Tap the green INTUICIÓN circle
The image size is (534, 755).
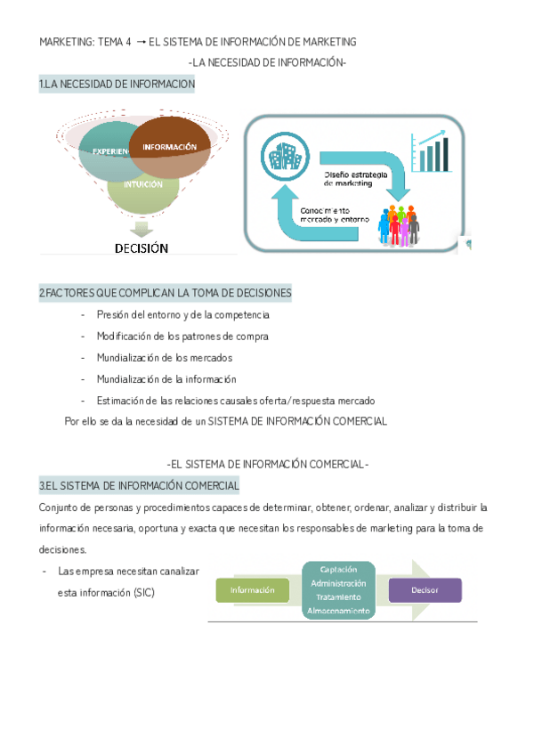tap(143, 186)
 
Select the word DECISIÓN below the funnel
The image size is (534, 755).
tap(142, 248)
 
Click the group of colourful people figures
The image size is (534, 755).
tap(397, 225)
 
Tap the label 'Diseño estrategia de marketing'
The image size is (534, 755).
tap(355, 179)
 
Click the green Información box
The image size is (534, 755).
tap(252, 589)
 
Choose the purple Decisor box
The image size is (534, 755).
tap(425, 589)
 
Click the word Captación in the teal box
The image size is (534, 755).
tap(338, 569)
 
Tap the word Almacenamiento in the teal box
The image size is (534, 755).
tap(338, 611)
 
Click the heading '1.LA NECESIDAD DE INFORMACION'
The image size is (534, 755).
tap(117, 84)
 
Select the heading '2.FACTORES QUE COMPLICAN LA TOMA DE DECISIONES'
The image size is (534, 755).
tap(165, 293)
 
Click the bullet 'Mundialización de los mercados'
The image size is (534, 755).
tap(164, 357)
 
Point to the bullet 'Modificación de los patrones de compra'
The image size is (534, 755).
tap(182, 336)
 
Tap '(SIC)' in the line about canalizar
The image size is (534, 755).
tap(141, 592)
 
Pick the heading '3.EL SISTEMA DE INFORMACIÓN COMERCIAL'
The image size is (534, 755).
tap(139, 486)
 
